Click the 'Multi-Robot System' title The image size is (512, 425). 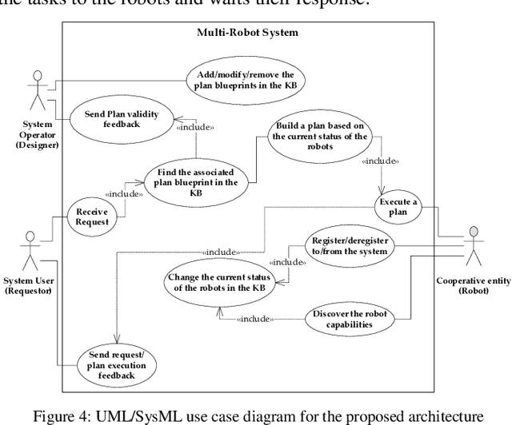[x=247, y=33]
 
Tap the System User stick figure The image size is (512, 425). [x=30, y=250]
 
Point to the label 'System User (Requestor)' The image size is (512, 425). [x=30, y=285]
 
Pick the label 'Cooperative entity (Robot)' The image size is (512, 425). [x=472, y=286]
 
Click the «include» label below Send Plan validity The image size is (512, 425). [x=196, y=127]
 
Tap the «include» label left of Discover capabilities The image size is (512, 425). [x=254, y=320]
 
